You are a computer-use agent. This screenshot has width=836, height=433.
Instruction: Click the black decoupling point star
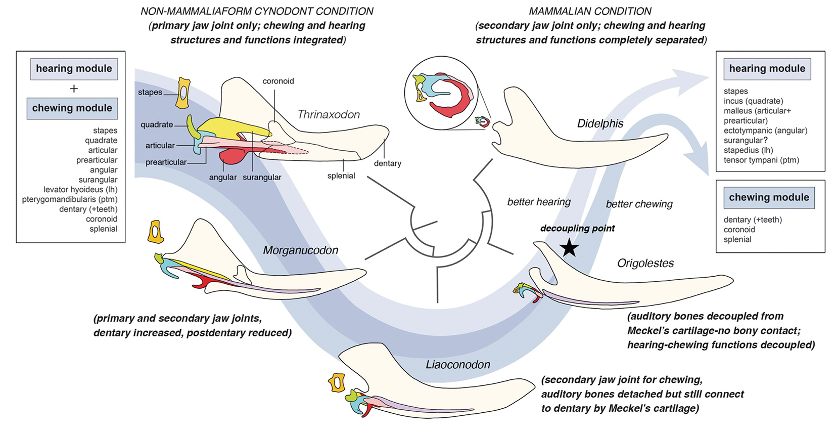coord(570,248)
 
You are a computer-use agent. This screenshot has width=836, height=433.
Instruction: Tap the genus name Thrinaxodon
coord(329,115)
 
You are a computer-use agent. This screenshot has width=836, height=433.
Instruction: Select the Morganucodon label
coord(300,250)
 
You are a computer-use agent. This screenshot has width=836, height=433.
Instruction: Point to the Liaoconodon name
coord(457,365)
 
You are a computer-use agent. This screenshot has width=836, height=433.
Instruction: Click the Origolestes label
coord(645,264)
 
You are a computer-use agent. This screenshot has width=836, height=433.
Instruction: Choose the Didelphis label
coord(600,124)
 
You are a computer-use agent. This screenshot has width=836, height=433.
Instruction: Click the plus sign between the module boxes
coord(74,89)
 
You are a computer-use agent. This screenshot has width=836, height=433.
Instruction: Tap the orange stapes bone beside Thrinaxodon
coord(183,93)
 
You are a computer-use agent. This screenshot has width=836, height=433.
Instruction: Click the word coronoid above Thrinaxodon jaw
coord(278,81)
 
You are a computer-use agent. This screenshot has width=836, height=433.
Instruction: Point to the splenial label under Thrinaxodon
coord(341,176)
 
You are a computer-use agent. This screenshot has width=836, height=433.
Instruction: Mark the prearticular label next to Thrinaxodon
coord(166,162)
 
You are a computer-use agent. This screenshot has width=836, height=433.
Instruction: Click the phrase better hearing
coord(539,202)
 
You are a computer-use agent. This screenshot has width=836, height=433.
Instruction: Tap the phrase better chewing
coord(639,204)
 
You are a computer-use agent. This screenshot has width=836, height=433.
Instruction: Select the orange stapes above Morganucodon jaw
coord(155,232)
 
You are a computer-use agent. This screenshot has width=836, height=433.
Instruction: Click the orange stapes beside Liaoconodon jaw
coord(336,383)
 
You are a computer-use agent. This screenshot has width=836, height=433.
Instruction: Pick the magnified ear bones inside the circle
coord(441,93)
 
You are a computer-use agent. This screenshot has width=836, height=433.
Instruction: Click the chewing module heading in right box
coord(769,197)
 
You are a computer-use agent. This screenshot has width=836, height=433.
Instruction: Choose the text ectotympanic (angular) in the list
coord(765,131)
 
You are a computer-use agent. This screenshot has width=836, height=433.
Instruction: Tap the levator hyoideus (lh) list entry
coord(80,190)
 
